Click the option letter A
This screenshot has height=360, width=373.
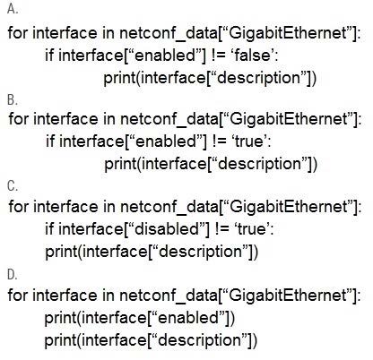(x=13, y=9)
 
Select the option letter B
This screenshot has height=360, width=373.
(x=13, y=99)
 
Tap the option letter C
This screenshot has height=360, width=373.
(x=13, y=186)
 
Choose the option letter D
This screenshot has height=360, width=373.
(x=13, y=275)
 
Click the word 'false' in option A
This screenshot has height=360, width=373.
(x=253, y=56)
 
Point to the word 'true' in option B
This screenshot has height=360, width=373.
(x=249, y=141)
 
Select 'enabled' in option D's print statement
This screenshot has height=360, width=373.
(x=189, y=317)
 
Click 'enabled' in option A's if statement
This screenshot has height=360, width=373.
(x=167, y=56)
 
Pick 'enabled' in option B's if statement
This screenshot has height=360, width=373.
(x=168, y=141)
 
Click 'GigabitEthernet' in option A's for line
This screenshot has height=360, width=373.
(x=288, y=32)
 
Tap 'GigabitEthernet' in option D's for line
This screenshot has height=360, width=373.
(x=288, y=295)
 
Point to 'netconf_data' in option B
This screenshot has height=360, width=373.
(x=169, y=119)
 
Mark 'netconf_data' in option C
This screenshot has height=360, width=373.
(x=169, y=207)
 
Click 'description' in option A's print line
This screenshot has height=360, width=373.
(x=259, y=78)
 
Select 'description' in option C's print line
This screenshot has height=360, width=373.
(x=201, y=252)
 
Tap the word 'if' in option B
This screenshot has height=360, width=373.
(x=50, y=141)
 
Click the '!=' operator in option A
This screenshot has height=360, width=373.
(x=219, y=56)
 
